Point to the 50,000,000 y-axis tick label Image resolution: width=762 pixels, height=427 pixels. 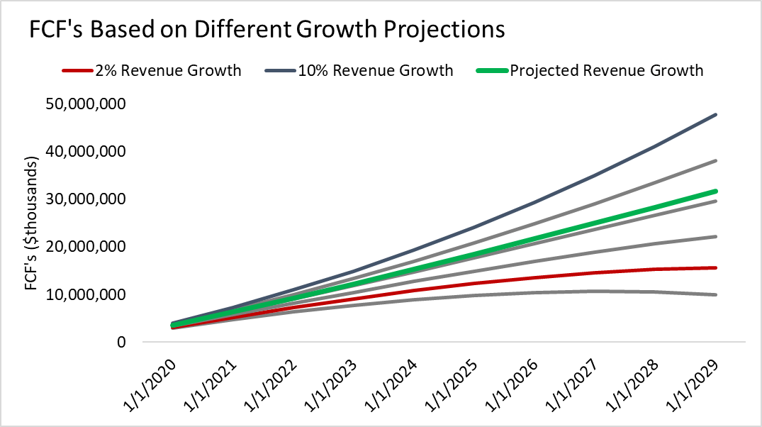[84, 104]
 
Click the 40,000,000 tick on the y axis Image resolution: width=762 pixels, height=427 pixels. [84, 152]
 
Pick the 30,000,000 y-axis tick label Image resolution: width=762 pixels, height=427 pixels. [84, 199]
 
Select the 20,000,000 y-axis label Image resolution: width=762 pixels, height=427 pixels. [84, 247]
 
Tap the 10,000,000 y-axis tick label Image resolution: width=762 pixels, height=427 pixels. [84, 294]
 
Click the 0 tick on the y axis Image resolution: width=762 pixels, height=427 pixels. [121, 342]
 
